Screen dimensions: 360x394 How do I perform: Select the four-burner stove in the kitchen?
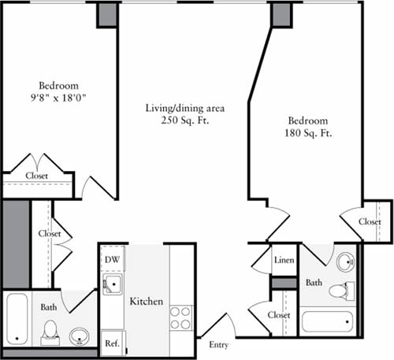(x=180, y=317)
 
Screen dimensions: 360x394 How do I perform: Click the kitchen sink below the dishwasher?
(x=111, y=284)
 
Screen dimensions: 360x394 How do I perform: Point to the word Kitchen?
(x=146, y=302)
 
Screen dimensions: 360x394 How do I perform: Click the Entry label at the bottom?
(x=220, y=344)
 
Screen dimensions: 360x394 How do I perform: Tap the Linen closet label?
(x=284, y=260)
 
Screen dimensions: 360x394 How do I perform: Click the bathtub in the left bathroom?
(x=17, y=318)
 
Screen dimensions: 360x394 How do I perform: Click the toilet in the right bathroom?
(x=338, y=290)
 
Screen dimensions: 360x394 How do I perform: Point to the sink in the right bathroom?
(x=345, y=262)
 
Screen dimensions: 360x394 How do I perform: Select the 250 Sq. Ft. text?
(x=180, y=121)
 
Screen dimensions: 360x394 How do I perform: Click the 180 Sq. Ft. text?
(x=307, y=134)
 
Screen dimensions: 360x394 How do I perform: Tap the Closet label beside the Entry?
(x=279, y=315)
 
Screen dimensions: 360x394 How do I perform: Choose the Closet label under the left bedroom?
(x=36, y=176)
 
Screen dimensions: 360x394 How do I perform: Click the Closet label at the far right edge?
(x=370, y=222)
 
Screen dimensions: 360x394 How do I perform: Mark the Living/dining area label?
(x=180, y=108)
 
